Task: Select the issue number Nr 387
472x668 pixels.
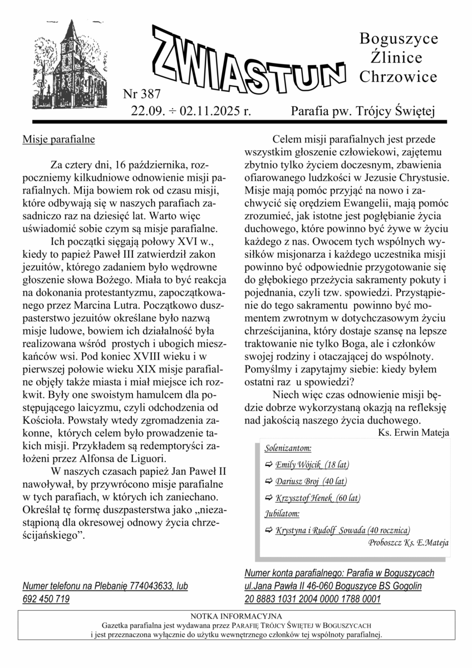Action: tap(142, 93)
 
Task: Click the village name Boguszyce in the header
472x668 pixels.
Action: tap(399, 39)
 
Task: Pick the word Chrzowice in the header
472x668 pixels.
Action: tap(398, 76)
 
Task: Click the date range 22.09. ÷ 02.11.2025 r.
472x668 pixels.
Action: tap(191, 110)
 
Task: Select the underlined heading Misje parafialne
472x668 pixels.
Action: tap(58, 139)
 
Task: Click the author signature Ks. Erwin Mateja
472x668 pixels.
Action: tap(413, 431)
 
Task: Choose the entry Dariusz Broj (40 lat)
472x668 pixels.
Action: tap(311, 481)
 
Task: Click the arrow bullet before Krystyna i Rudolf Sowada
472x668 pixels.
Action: tap(269, 530)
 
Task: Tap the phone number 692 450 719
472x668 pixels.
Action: tap(46, 599)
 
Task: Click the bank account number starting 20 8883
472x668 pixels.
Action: tap(312, 599)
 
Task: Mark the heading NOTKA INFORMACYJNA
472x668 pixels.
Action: tap(236, 616)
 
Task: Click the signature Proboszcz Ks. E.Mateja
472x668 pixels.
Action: tap(408, 542)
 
